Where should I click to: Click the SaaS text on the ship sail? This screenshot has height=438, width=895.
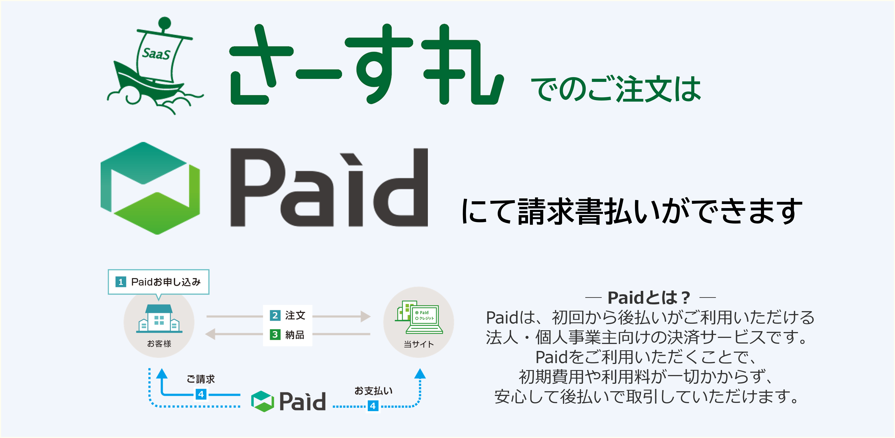(156, 54)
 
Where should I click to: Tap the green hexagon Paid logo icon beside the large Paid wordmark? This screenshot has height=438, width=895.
(150, 188)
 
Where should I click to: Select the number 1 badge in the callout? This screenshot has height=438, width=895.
(121, 282)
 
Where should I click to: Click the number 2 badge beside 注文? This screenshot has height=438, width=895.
(275, 315)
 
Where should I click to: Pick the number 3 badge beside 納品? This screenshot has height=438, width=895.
(275, 335)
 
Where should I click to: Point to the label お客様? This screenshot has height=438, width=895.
(159, 344)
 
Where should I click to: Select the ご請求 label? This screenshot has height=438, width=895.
(201, 379)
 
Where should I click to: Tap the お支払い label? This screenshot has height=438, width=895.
(373, 391)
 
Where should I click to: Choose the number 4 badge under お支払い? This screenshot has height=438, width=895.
(373, 406)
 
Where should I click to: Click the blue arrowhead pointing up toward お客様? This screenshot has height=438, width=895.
(161, 373)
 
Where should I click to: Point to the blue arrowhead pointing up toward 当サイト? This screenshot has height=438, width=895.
(420, 373)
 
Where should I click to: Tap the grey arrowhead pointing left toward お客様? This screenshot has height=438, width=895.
(210, 334)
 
